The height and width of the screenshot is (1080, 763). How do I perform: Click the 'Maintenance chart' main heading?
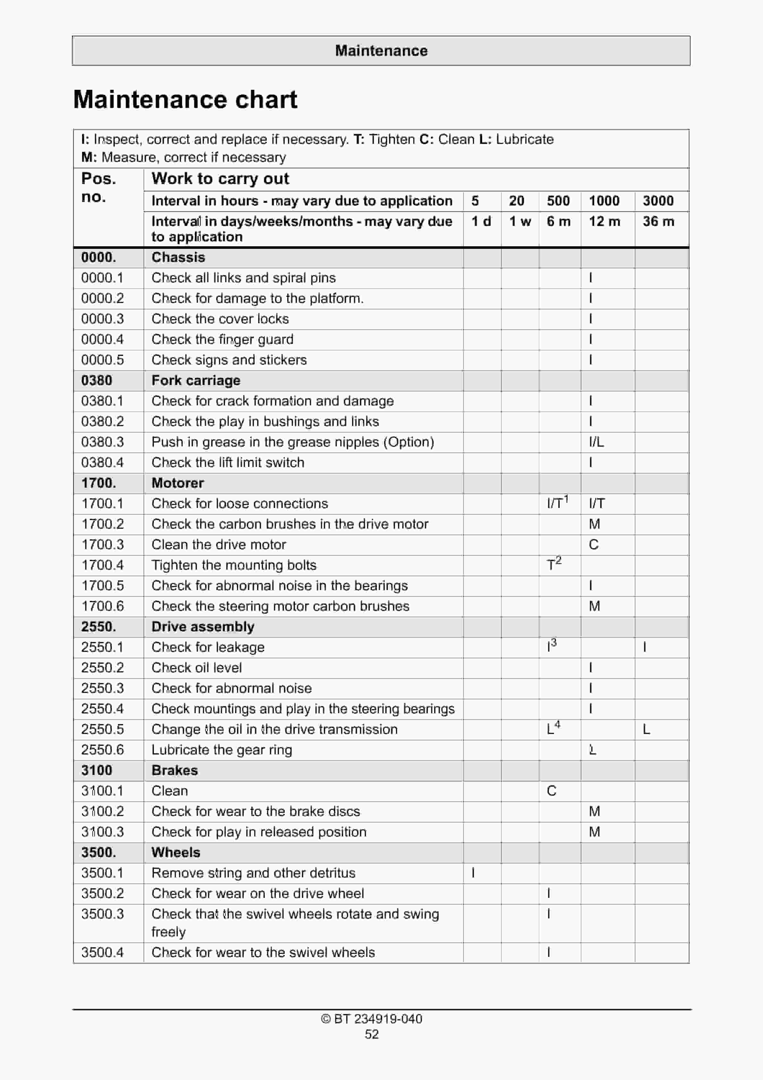[x=185, y=100]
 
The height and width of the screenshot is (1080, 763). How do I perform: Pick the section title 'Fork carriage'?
[x=196, y=381]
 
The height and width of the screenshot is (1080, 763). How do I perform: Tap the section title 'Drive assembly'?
[x=203, y=627]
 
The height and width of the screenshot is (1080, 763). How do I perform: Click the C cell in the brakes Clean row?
[x=551, y=791]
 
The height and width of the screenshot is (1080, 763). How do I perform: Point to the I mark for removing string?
[x=473, y=873]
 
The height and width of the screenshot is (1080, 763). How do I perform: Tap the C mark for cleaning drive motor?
[x=594, y=545]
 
